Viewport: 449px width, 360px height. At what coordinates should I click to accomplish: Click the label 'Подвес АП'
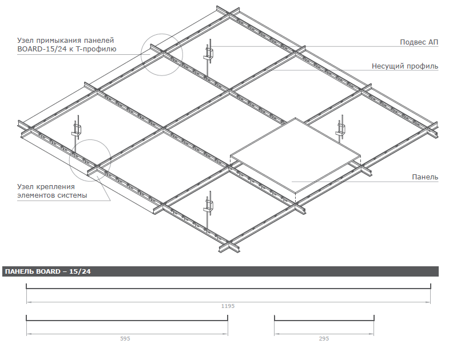click(x=419, y=42)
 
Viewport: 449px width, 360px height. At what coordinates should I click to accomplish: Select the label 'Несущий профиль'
click(x=405, y=66)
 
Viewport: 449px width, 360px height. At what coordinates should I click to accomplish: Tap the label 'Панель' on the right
click(x=425, y=177)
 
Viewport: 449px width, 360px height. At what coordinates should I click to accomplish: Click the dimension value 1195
click(x=228, y=306)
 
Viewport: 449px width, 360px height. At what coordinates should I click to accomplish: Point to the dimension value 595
click(x=125, y=338)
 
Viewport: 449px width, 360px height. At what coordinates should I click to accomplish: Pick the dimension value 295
click(x=324, y=338)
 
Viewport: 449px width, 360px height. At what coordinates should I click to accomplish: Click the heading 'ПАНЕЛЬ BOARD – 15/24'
click(x=48, y=271)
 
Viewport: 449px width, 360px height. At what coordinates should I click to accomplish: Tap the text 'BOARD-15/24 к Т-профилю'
click(x=67, y=49)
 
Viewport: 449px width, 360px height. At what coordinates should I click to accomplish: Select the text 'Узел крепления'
click(x=46, y=187)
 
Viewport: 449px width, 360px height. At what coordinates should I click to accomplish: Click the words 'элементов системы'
click(x=52, y=195)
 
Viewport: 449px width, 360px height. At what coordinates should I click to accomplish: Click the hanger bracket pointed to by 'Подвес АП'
click(x=209, y=55)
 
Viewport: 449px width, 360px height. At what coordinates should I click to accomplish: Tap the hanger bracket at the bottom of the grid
click(x=208, y=206)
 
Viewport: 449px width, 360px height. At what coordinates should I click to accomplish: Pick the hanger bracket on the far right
click(x=340, y=129)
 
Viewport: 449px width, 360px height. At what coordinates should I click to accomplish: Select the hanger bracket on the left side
click(x=77, y=129)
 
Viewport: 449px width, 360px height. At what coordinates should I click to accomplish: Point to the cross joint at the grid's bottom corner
click(x=230, y=246)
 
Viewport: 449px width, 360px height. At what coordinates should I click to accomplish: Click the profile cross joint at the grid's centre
click(x=229, y=91)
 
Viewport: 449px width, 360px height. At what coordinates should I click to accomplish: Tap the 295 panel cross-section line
click(x=324, y=318)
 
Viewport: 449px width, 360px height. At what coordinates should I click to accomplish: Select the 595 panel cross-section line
click(x=127, y=318)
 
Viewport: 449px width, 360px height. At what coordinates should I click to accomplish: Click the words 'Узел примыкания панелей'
click(x=66, y=41)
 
